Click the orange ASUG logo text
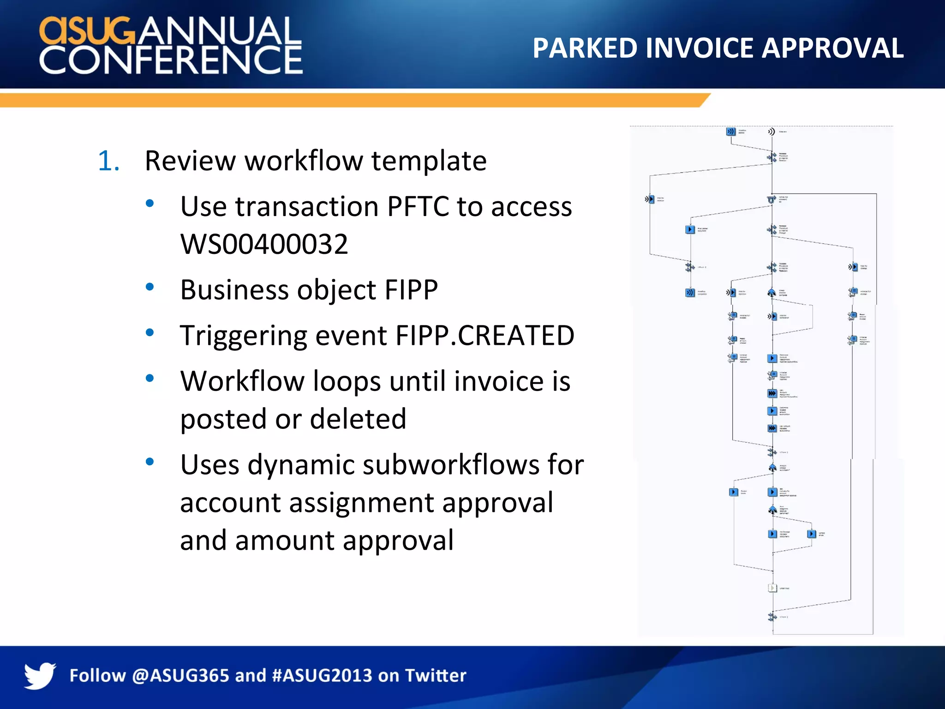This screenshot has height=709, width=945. [x=88, y=30]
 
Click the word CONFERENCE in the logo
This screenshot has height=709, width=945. [x=171, y=60]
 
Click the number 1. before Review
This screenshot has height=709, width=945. [x=109, y=161]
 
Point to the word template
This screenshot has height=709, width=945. [x=429, y=161]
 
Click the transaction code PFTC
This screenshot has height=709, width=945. [x=418, y=206]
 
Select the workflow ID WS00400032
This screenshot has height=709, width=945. [x=264, y=244]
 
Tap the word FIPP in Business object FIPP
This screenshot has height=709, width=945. [x=411, y=290]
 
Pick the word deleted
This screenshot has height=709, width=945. [x=358, y=419]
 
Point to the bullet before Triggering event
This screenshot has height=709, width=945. [x=150, y=332]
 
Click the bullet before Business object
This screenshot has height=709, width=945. [x=150, y=287]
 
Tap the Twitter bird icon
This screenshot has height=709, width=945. [x=40, y=675]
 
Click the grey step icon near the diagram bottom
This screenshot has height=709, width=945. [x=772, y=588]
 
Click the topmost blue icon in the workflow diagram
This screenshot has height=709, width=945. [x=730, y=132]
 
